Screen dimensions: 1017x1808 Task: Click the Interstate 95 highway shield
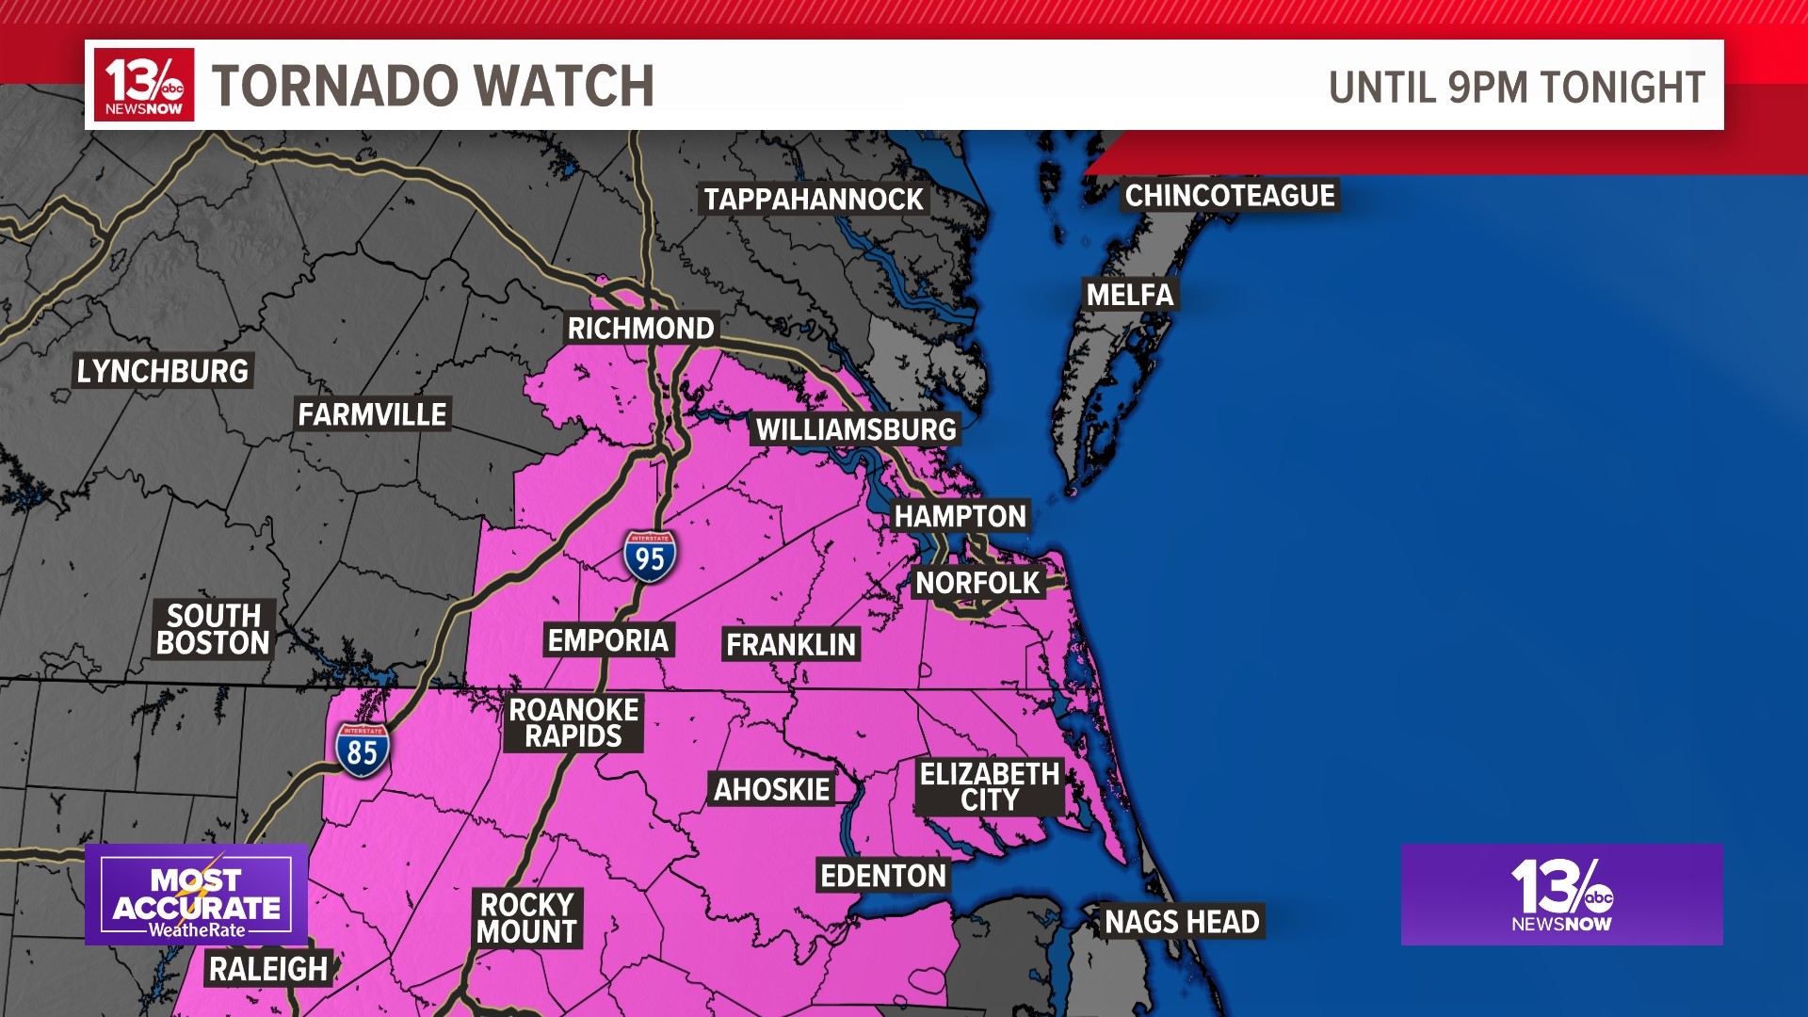pyautogui.click(x=650, y=557)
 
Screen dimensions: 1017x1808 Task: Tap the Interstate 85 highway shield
pyautogui.click(x=363, y=751)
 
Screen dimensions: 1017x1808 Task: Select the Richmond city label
pyautogui.click(x=641, y=329)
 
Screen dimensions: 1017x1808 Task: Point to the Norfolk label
pyautogui.click(x=977, y=583)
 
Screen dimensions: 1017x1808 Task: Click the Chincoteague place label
pyautogui.click(x=1230, y=196)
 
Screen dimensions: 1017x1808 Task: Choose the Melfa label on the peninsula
pyautogui.click(x=1130, y=295)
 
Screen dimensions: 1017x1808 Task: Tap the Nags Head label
pyautogui.click(x=1182, y=922)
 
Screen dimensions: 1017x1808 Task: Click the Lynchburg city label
pyautogui.click(x=163, y=371)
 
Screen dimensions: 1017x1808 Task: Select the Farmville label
pyautogui.click(x=372, y=414)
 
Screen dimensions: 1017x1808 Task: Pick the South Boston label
pyautogui.click(x=214, y=629)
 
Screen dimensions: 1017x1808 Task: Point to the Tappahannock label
pyautogui.click(x=814, y=200)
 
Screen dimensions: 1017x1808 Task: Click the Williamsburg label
pyautogui.click(x=856, y=430)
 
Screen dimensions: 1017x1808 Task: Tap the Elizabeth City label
pyautogui.click(x=990, y=786)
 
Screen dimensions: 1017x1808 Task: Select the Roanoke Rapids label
pyautogui.click(x=573, y=722)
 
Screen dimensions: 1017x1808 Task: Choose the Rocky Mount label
pyautogui.click(x=527, y=918)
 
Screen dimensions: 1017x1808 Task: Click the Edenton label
pyautogui.click(x=883, y=876)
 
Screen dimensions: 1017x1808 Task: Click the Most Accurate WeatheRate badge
pyautogui.click(x=197, y=895)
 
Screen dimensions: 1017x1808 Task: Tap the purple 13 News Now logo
pyautogui.click(x=1561, y=895)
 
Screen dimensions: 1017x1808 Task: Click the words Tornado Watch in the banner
pyautogui.click(x=433, y=86)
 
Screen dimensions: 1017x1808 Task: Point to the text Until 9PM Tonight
pyautogui.click(x=1516, y=88)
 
